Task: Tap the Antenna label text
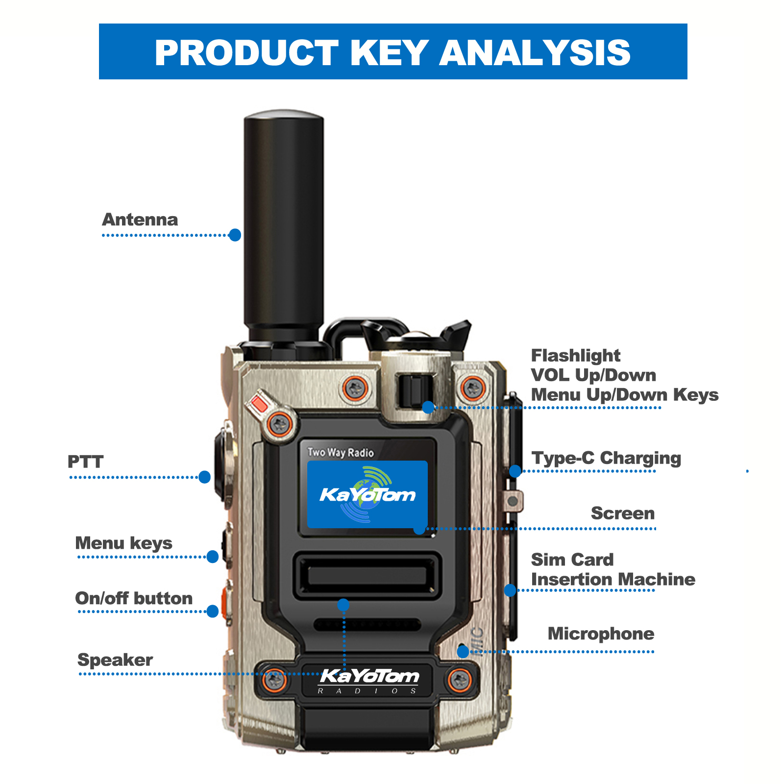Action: (x=140, y=220)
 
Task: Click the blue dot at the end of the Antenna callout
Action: (x=235, y=235)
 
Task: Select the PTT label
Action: (x=85, y=462)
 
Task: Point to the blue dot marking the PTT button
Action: (x=205, y=477)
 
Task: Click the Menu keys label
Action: (x=123, y=543)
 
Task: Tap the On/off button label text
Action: (x=133, y=598)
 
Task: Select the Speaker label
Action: (x=115, y=660)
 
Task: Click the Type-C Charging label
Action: (x=606, y=458)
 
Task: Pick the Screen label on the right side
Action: (x=622, y=513)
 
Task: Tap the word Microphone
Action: (x=601, y=634)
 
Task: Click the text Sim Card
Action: (x=572, y=560)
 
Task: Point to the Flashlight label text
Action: (x=575, y=355)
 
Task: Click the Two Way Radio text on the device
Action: (x=341, y=452)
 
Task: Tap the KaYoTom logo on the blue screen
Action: (x=367, y=494)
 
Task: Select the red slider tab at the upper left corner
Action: (x=259, y=404)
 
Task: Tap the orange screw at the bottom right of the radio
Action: (x=460, y=679)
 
